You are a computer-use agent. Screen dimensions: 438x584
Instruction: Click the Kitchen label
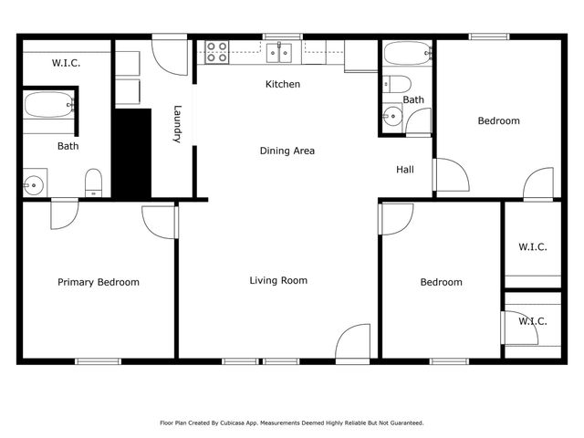coord(282,85)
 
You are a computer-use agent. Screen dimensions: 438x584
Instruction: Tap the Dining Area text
coord(287,151)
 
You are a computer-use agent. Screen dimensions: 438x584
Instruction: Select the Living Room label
coord(278,281)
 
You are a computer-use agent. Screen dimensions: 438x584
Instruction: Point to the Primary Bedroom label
coord(99,283)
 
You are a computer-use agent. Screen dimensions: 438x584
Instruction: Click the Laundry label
coord(179,125)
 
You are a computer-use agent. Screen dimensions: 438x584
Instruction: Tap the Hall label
coord(405,170)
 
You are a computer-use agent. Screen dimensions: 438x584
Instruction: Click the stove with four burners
coord(217,52)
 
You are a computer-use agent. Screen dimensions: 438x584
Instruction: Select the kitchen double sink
coord(278,52)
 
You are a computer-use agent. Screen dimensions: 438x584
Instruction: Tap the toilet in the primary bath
coord(93,182)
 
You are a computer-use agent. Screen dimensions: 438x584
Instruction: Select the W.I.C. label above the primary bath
coord(66,63)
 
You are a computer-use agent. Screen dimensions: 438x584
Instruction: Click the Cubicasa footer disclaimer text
coord(292,423)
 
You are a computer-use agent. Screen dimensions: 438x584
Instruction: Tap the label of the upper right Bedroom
coord(498,121)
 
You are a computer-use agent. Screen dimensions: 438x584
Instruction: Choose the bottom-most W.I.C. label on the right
coord(533,321)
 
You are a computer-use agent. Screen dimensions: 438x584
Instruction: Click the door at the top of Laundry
coord(168,57)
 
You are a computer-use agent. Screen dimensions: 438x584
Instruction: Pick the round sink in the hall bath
coord(392,116)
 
